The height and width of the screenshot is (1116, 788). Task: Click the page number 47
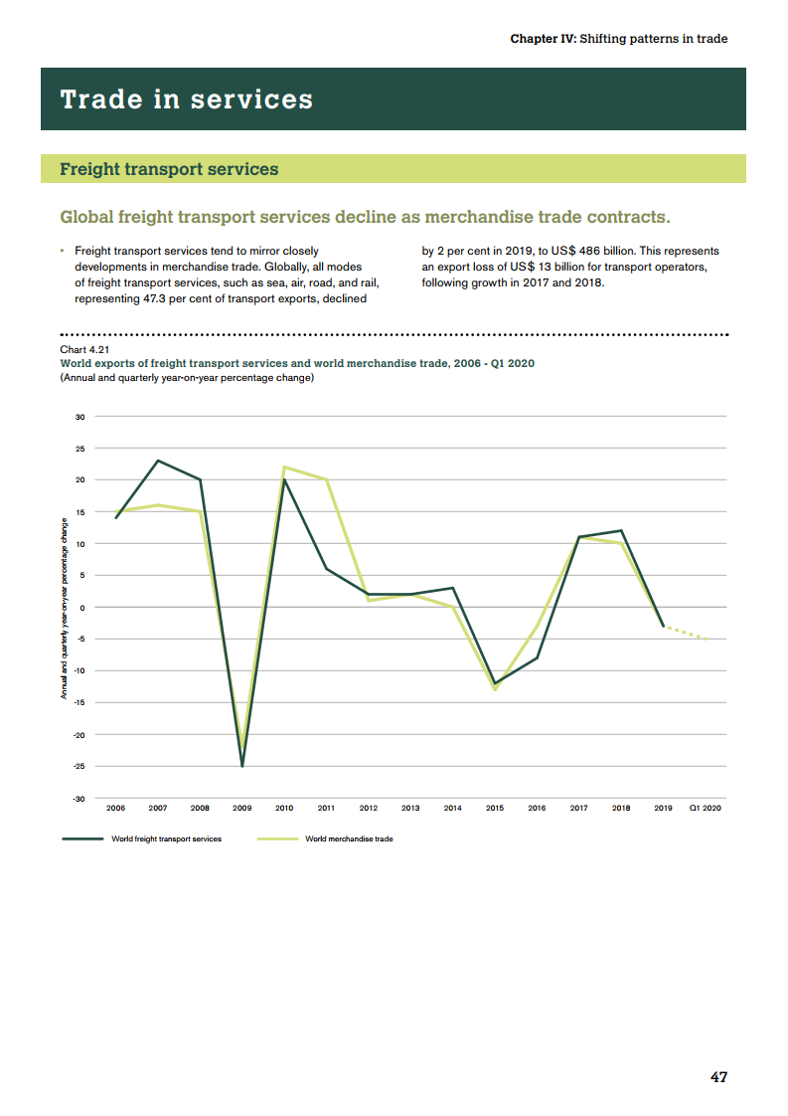718,1077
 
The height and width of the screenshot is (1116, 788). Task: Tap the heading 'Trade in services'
187,99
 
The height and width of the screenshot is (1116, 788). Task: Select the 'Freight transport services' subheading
169,169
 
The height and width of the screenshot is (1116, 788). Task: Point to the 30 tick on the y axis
79,417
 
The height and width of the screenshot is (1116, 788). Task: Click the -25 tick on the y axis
79,767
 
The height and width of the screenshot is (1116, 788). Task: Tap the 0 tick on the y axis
82,608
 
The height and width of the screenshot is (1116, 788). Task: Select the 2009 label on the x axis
241,809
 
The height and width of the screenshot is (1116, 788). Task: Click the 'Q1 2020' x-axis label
705,809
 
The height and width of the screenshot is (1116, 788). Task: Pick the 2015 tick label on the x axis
495,809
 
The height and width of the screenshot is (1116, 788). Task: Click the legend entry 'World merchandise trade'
349,838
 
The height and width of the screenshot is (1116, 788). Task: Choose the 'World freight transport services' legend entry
166,838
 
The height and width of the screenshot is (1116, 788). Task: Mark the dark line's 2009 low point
242,766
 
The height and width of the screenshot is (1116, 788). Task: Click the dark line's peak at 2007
158,461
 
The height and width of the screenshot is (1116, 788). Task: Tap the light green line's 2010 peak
284,466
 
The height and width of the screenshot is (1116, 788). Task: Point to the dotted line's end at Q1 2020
706,639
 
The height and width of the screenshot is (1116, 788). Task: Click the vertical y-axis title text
65,607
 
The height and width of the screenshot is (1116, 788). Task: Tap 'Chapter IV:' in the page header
543,39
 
